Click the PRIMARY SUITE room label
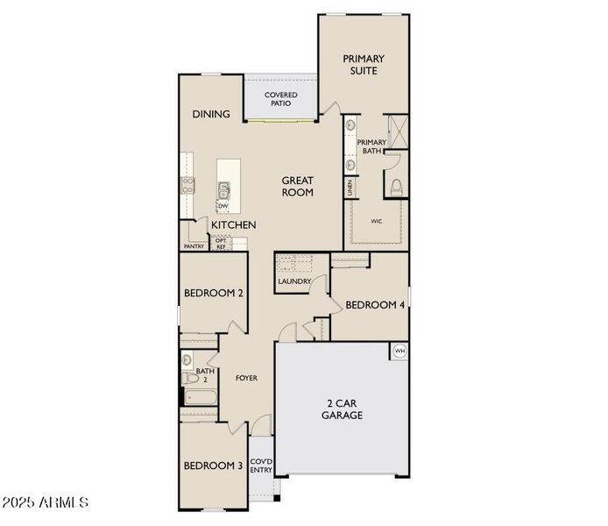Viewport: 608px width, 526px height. pyautogui.click(x=363, y=65)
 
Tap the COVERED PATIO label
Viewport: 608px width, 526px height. pyautogui.click(x=280, y=99)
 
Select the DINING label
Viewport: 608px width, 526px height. pyautogui.click(x=211, y=114)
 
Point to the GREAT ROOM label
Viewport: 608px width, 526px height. pyautogui.click(x=297, y=186)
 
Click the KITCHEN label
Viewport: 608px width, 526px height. pyautogui.click(x=233, y=225)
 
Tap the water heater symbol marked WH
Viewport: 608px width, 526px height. pyautogui.click(x=400, y=351)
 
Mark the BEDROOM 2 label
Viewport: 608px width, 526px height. pyautogui.click(x=213, y=294)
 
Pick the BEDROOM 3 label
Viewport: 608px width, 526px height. pyautogui.click(x=212, y=466)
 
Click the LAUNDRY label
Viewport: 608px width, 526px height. pyautogui.click(x=293, y=281)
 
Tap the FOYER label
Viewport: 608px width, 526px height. pyautogui.click(x=246, y=378)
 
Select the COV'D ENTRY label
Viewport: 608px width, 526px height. pyautogui.click(x=261, y=466)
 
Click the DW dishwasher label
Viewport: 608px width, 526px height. pyautogui.click(x=223, y=207)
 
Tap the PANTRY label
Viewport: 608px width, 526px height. pyautogui.click(x=194, y=246)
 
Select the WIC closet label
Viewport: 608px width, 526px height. pyautogui.click(x=377, y=222)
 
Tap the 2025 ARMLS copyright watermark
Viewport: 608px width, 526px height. pyautogui.click(x=46, y=503)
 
